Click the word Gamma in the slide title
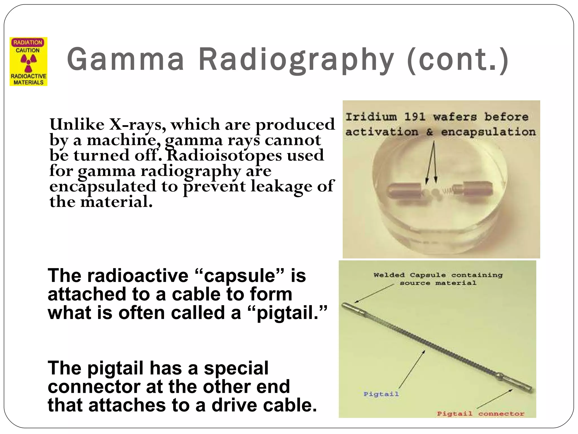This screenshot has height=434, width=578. pyautogui.click(x=126, y=59)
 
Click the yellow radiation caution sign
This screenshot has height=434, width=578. pyautogui.click(x=29, y=62)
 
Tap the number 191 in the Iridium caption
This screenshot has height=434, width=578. pyautogui.click(x=415, y=117)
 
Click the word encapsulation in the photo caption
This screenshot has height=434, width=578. pyautogui.click(x=488, y=132)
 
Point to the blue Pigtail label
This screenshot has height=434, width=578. pyautogui.click(x=381, y=394)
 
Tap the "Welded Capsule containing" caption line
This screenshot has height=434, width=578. pyautogui.click(x=438, y=275)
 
